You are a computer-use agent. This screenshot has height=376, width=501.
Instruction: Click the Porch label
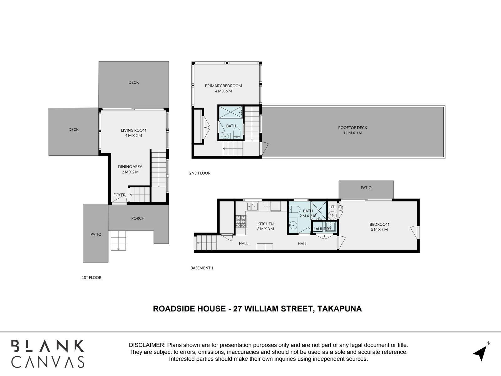click(138, 218)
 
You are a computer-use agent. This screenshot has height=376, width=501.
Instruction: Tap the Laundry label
click(322, 229)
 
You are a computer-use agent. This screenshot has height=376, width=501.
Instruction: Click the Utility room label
click(336, 207)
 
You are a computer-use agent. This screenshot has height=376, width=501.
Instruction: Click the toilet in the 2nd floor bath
click(237, 133)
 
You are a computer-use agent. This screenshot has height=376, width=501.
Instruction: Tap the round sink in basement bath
click(293, 224)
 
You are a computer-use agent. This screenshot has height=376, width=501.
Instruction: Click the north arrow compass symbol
click(481, 353)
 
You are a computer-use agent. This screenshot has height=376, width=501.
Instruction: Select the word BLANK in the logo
click(48, 347)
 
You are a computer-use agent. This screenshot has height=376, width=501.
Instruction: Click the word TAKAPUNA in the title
click(339, 309)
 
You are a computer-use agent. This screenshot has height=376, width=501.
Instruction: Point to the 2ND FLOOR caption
click(200, 173)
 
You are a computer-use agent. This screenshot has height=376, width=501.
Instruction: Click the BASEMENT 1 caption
click(202, 268)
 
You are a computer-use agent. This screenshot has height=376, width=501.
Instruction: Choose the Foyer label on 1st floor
click(119, 195)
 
